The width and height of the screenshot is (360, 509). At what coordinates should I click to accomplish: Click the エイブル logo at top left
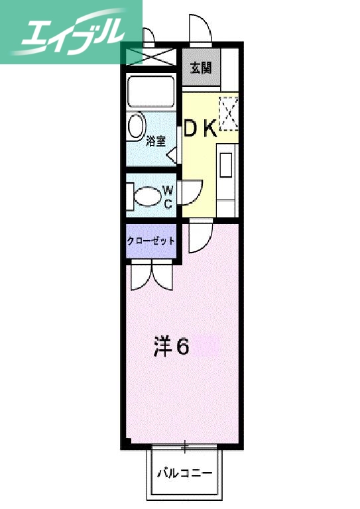pos(72,32)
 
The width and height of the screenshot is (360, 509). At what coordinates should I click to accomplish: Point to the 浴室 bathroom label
pos(156,140)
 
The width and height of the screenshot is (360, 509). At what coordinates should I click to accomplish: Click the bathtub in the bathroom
pos(150,92)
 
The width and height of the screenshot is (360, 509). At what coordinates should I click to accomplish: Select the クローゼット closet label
pos(151,241)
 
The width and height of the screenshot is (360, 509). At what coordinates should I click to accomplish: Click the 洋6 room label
pos(172,346)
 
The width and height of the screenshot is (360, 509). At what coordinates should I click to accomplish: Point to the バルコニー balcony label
pos(184,474)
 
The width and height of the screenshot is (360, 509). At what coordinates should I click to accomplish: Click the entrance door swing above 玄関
pos(200,30)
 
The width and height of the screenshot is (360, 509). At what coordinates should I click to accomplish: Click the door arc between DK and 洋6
pos(199,237)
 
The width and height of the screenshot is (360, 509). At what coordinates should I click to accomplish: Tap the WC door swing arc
pos(186,192)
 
